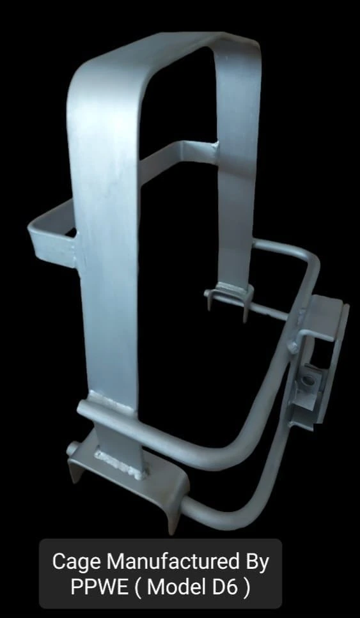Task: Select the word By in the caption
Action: (254, 562)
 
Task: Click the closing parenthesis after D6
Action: (246, 587)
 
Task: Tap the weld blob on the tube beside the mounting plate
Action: (292, 346)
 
